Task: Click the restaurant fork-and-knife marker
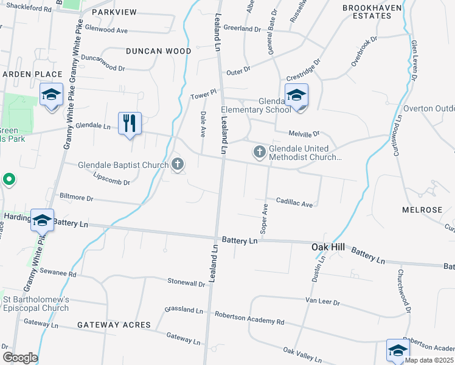tap(129, 123)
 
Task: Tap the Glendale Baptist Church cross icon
tap(178, 164)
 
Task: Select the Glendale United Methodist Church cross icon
tap(260, 151)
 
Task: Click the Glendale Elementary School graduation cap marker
tap(296, 95)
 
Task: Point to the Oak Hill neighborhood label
tap(328, 247)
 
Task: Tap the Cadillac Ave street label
tap(294, 203)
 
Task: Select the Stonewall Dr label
tap(187, 283)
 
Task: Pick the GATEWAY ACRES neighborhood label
tap(114, 325)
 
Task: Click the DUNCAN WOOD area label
tap(158, 52)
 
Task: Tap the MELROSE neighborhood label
tap(422, 210)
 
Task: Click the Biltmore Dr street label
tap(76, 198)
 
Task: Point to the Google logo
tap(20, 358)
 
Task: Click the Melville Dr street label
tap(305, 133)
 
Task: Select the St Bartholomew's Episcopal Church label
tap(36, 303)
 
